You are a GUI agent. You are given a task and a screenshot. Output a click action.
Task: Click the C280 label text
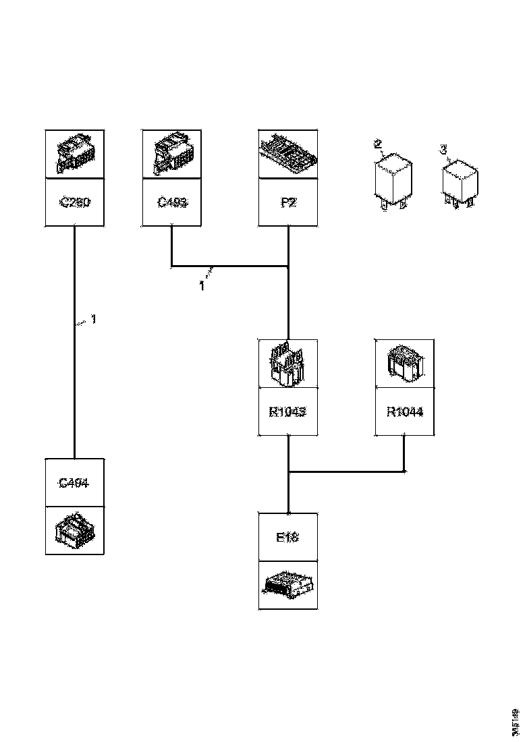click(x=74, y=202)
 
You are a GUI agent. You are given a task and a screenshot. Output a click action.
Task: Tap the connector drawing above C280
click(x=74, y=154)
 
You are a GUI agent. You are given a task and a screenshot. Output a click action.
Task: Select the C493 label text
click(x=172, y=202)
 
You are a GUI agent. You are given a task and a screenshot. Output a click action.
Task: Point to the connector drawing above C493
click(x=172, y=154)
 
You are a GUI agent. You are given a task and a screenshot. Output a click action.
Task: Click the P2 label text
click(x=288, y=202)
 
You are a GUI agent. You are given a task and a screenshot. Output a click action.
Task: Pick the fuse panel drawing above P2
click(x=288, y=154)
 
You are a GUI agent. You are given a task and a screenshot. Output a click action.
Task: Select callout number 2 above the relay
click(x=378, y=143)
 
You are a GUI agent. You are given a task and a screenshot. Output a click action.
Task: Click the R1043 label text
click(x=288, y=411)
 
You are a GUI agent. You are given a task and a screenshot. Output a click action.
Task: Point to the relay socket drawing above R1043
click(x=288, y=364)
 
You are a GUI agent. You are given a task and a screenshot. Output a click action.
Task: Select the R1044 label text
click(x=405, y=411)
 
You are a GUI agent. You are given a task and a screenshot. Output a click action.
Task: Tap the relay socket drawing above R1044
click(x=405, y=364)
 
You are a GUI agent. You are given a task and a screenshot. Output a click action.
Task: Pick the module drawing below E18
click(x=288, y=584)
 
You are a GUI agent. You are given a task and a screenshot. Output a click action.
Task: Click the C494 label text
click(x=74, y=482)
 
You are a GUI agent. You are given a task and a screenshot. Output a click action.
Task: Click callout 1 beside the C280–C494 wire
click(x=93, y=320)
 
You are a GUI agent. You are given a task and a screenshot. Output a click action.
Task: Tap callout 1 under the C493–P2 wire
click(x=202, y=286)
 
